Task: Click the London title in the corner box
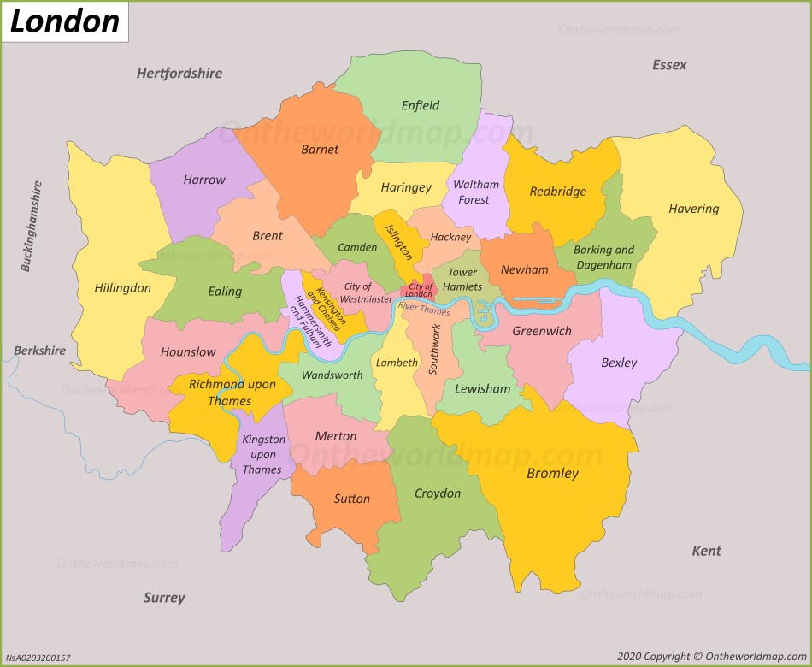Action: (64, 21)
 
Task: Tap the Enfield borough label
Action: (420, 105)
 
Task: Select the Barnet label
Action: (320, 149)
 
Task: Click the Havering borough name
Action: (693, 208)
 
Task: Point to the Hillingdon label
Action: (122, 288)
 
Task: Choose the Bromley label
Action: (552, 473)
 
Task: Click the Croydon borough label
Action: (437, 493)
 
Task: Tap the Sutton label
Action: (352, 499)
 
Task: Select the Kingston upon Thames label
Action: (263, 454)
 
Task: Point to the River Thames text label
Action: (424, 308)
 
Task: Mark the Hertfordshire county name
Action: (179, 74)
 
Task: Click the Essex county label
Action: (668, 65)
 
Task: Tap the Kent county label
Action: (706, 551)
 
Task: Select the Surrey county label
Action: (163, 598)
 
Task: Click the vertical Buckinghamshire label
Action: (32, 226)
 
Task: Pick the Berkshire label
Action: (39, 351)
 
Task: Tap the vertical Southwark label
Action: (435, 350)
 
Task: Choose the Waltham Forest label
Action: (475, 192)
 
